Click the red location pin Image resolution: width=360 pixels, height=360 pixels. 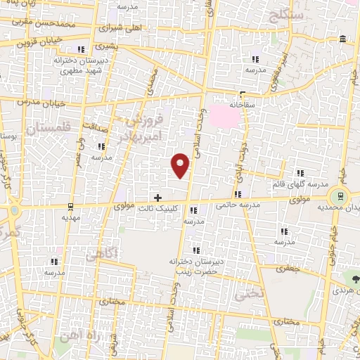pos(181,166)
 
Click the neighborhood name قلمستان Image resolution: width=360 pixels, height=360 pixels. pos(49,129)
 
